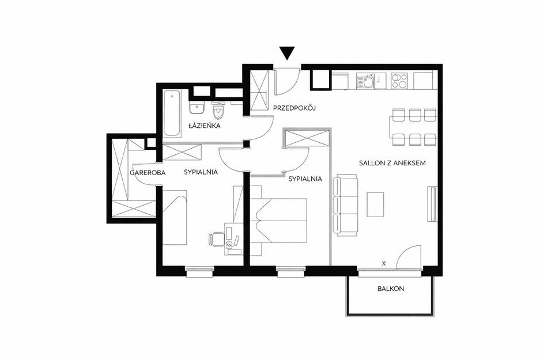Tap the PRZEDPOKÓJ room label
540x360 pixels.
[x=294, y=108]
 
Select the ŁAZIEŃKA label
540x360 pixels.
[x=204, y=126]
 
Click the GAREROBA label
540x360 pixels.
[x=148, y=173]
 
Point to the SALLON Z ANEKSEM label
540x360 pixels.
[x=392, y=163]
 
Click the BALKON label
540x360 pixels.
[x=391, y=289]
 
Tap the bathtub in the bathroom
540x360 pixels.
[x=172, y=113]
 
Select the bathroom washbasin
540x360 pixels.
[x=197, y=108]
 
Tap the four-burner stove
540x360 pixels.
[x=399, y=81]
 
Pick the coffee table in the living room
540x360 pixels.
[x=375, y=204]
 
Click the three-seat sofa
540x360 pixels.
[x=345, y=205]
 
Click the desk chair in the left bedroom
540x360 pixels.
[x=216, y=239]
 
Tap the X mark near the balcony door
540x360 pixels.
[x=384, y=264]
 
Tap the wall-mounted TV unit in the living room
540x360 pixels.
[x=432, y=204]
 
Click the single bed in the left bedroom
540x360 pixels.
[x=175, y=218]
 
